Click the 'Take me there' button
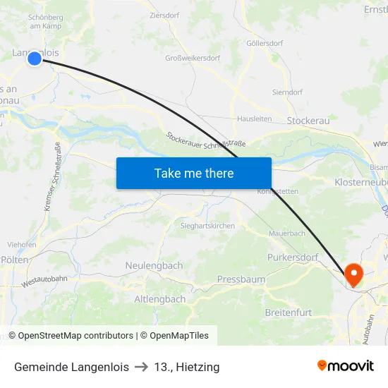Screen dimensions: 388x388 point(194,173)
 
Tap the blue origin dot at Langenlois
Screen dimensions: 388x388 point(35,59)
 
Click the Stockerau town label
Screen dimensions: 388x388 point(308,121)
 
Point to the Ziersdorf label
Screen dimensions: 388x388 point(164,14)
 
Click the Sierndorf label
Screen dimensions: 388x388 point(288,92)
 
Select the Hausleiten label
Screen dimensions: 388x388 point(254,119)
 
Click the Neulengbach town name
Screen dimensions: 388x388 point(154,266)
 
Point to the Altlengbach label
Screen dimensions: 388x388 point(160,299)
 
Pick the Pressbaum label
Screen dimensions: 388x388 point(241,279)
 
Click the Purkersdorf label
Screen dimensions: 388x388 point(293,257)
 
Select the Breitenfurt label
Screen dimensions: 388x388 point(288,312)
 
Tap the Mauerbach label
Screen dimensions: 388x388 point(287,233)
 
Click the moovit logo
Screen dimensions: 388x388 point(345,366)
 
